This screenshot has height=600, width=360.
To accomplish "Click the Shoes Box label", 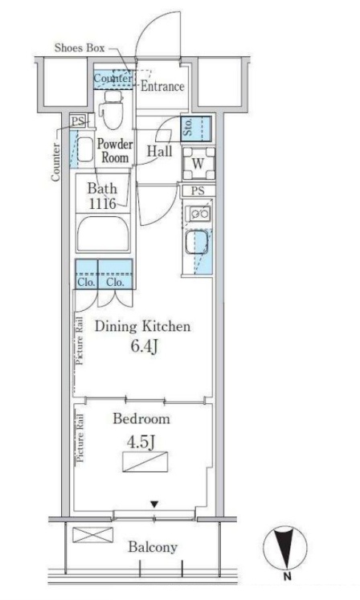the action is pyautogui.click(x=80, y=48).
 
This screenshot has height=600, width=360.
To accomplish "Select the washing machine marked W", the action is pyautogui.click(x=198, y=163).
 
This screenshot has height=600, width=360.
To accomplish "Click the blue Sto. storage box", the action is pyautogui.click(x=196, y=129).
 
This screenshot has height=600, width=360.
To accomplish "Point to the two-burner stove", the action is pyautogui.click(x=198, y=214).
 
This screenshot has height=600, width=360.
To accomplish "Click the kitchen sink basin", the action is pyautogui.click(x=197, y=243).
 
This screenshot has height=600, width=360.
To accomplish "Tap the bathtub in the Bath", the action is pyautogui.click(x=103, y=234).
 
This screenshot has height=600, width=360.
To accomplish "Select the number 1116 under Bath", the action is pyautogui.click(x=102, y=203).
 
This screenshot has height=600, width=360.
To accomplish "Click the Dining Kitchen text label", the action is pyautogui.click(x=142, y=326).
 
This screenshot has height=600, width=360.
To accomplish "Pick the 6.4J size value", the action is pyautogui.click(x=144, y=347).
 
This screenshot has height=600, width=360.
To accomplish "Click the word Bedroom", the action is pyautogui.click(x=141, y=418).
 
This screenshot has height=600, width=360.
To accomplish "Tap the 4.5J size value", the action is pyautogui.click(x=141, y=442).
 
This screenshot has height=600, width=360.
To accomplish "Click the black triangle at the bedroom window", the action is pyautogui.click(x=154, y=504).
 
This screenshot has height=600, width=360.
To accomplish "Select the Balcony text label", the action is pyautogui.click(x=153, y=547).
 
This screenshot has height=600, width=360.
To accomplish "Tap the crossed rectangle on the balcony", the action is pyautogui.click(x=92, y=535).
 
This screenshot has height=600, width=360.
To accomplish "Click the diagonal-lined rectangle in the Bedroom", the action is pyautogui.click(x=145, y=462).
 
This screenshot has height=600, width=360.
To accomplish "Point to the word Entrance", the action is pyautogui.click(x=162, y=86).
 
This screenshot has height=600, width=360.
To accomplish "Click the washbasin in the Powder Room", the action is pyautogui.click(x=85, y=149).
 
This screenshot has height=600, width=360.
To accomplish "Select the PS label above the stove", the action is pyautogui.click(x=198, y=190).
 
